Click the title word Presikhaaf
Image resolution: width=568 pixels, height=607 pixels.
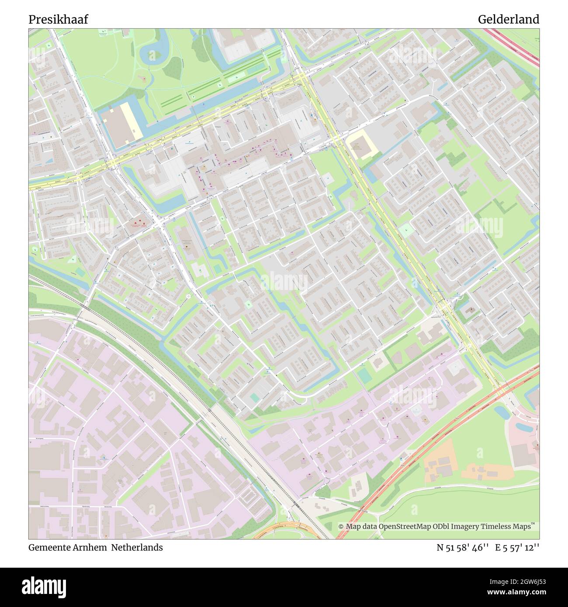coord(58,20)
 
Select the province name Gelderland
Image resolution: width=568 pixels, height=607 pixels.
coord(508,20)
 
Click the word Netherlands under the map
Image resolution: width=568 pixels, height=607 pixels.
coord(136,548)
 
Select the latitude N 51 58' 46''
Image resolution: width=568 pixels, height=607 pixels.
coord(462,548)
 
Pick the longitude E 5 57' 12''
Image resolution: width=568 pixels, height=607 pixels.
coord(517,548)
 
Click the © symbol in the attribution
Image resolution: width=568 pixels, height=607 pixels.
coord(341,527)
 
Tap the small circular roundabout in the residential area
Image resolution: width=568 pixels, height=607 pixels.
coord(189,297)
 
